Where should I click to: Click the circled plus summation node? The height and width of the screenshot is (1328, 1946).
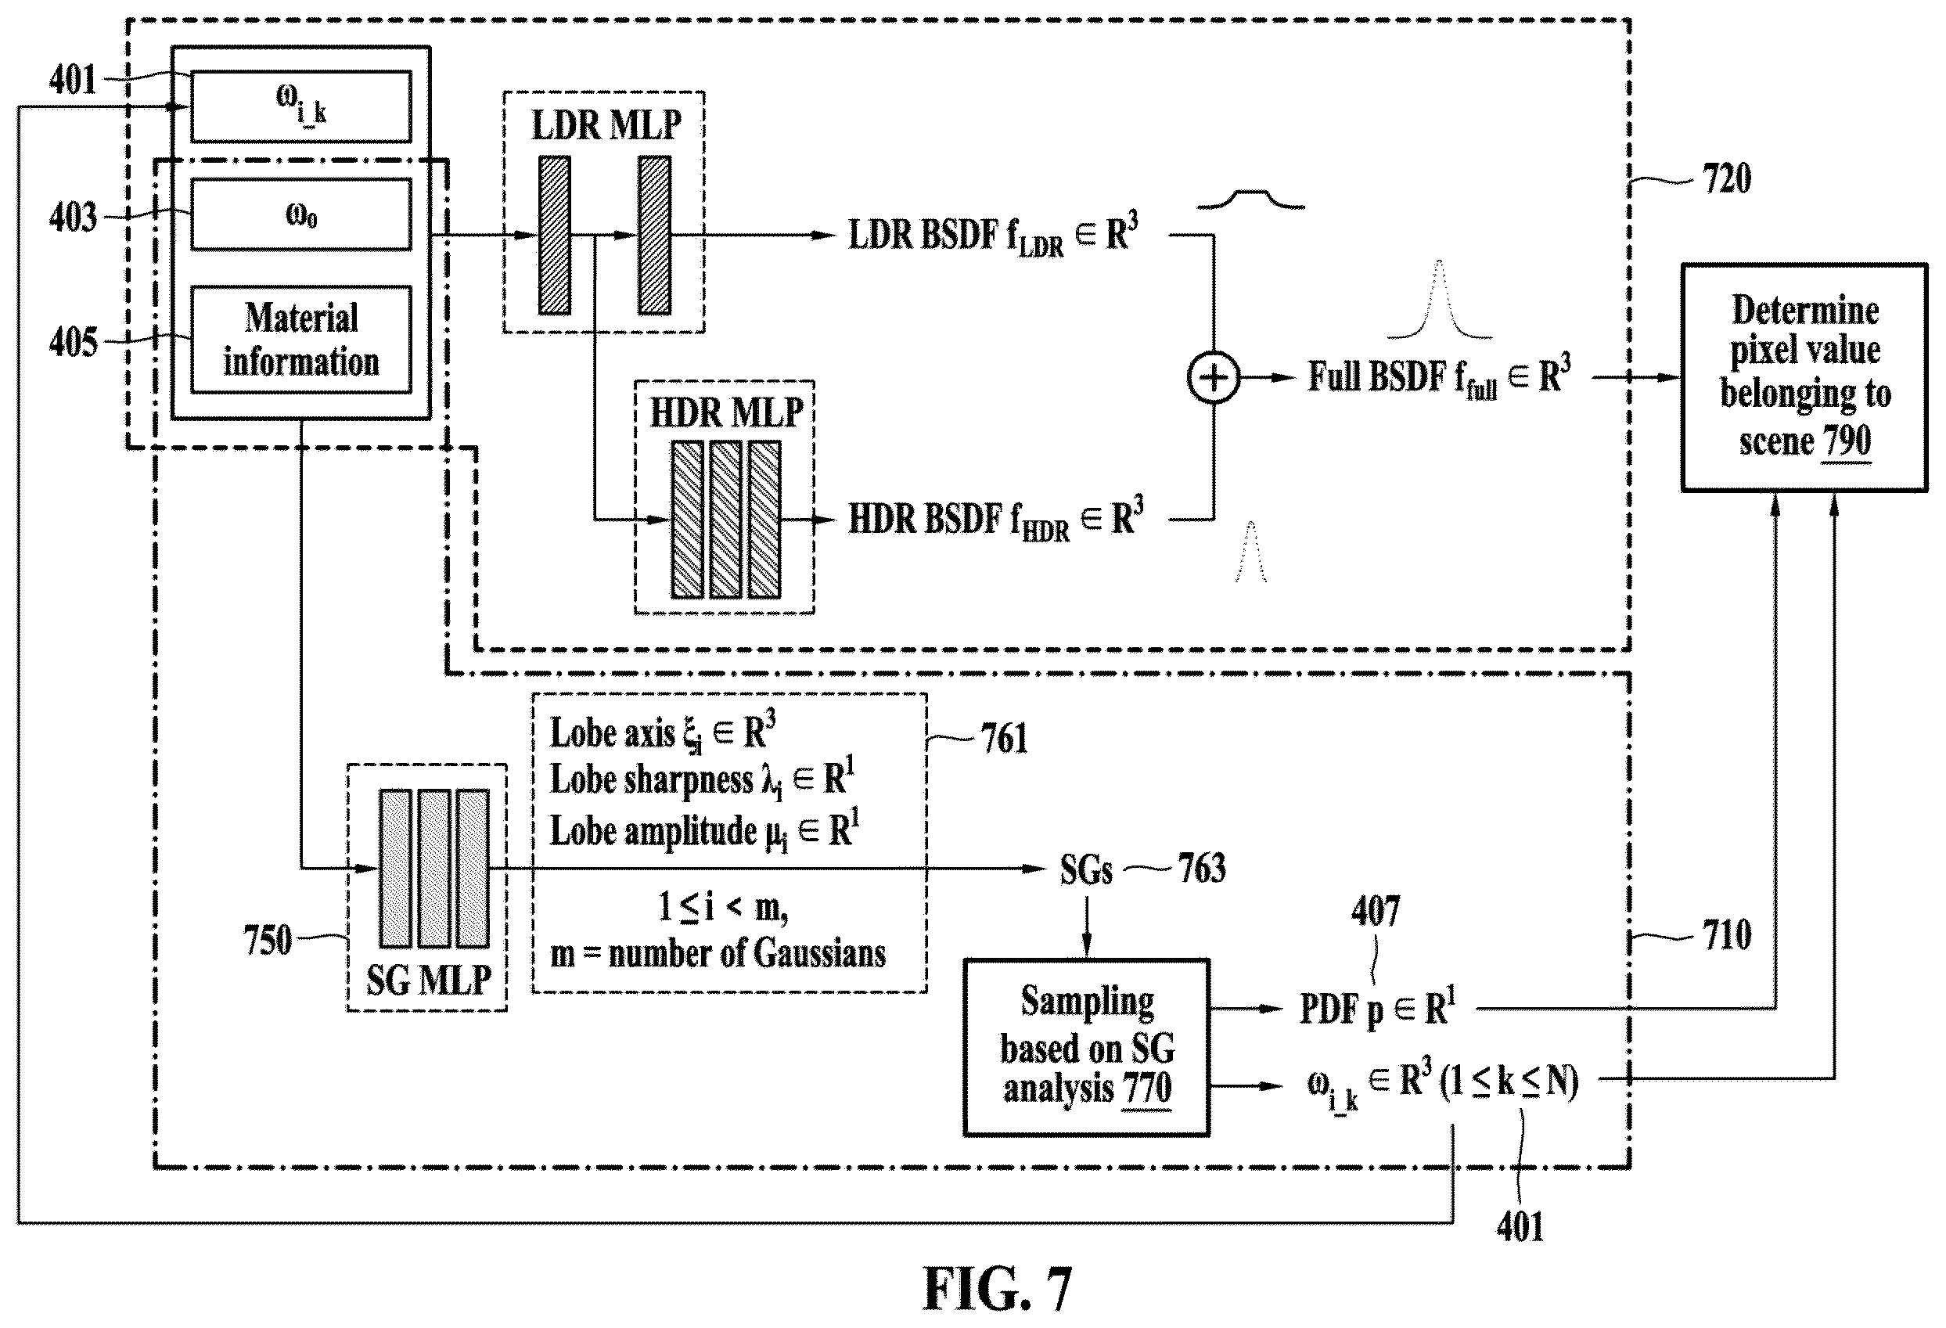[1214, 378]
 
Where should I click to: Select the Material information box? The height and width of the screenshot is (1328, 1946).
[300, 340]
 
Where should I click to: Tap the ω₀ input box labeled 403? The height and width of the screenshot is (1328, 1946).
[300, 214]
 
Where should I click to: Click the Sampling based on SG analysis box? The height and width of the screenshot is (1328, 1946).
[1086, 1046]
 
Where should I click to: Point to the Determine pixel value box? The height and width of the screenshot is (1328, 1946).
[1804, 378]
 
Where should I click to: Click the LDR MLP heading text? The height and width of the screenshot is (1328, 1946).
[606, 124]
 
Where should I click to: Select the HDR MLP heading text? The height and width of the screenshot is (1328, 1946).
[726, 413]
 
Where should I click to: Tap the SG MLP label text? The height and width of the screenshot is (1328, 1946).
[429, 979]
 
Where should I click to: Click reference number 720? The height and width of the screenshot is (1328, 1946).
[1727, 179]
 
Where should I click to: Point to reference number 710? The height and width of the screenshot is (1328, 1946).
[1727, 935]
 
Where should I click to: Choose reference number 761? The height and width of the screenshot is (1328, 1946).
[1004, 739]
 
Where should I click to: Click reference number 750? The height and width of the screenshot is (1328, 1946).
[268, 941]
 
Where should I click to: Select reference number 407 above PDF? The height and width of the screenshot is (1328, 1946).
[1375, 911]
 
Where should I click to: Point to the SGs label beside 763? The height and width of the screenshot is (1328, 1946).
[1086, 869]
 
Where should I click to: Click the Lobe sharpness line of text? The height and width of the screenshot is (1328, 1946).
[702, 780]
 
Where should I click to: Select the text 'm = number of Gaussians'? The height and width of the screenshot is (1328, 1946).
[718, 954]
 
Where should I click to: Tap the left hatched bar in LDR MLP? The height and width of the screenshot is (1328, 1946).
[554, 236]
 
